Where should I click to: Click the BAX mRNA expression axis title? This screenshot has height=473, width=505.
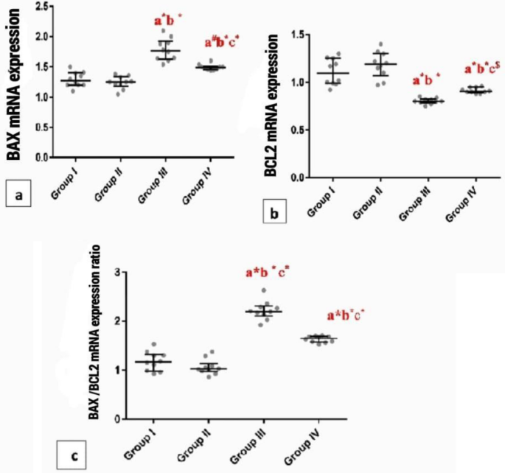13,83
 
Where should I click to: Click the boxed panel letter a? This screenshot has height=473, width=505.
17,195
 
